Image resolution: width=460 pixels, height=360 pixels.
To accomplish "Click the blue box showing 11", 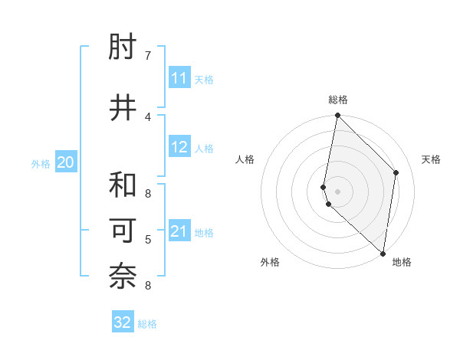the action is tap(179, 78).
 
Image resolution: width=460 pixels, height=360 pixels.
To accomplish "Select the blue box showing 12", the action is tap(179, 147).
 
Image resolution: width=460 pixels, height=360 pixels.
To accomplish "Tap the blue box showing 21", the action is tap(179, 231).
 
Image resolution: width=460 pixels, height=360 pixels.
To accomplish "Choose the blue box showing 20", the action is tap(66, 162).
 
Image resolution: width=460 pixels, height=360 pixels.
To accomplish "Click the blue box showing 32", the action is tap(123, 322).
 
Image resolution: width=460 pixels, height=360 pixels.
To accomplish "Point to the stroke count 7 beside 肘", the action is tap(148, 56).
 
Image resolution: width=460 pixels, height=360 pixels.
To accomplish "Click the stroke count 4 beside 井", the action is tap(148, 116).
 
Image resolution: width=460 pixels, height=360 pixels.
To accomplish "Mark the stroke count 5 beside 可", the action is tap(148, 240).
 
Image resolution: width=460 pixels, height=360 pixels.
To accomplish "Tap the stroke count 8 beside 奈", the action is tap(148, 286).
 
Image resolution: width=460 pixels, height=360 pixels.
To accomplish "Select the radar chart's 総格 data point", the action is tap(337, 116).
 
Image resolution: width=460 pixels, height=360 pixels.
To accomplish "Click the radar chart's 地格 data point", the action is tap(383, 254).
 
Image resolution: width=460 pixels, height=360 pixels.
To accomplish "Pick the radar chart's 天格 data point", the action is tap(396, 172).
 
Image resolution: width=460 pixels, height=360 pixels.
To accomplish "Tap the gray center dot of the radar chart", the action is tap(337, 191).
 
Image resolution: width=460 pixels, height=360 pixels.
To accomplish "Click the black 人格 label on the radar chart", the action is tap(245, 159).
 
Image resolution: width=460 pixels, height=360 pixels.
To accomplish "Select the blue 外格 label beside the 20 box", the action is tap(41, 163).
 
